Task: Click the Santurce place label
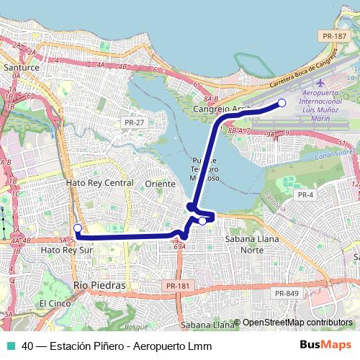pos(22,66)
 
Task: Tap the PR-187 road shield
pos(336,36)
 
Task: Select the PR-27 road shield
pos(134,123)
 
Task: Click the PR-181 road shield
pos(177,286)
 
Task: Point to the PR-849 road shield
pos(287,293)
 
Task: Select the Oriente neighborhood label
pos(161,184)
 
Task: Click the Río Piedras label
pos(99,285)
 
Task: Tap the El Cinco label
pos(53,303)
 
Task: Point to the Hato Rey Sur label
pos(68,249)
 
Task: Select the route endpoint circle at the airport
pos(282,104)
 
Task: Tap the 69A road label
pos(180,246)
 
